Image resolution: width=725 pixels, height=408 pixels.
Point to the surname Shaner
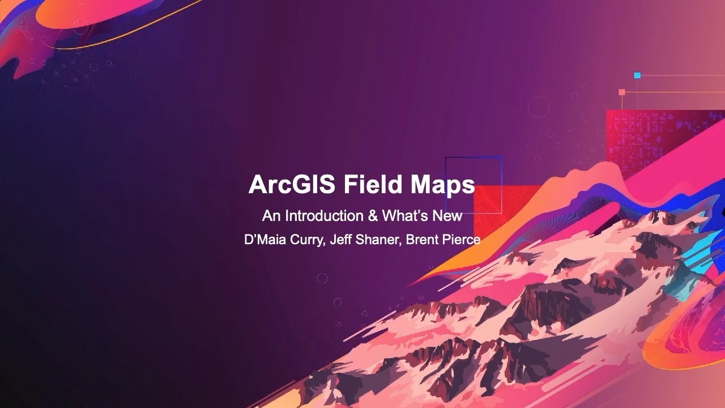click(x=378, y=239)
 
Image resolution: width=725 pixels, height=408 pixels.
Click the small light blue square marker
click(x=637, y=75)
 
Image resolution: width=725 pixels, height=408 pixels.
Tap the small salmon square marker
click(x=622, y=92)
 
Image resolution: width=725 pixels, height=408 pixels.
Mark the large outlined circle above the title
click(x=538, y=107)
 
